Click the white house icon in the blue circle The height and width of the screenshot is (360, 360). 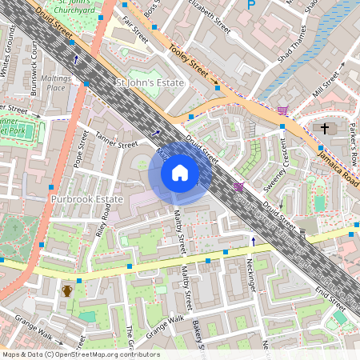point(180,173)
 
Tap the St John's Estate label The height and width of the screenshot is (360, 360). point(150,83)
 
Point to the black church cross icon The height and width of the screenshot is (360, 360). point(325,128)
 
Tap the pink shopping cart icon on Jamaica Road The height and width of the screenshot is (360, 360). point(282,110)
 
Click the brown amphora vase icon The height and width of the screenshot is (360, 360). point(68,290)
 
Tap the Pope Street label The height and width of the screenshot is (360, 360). point(80,150)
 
